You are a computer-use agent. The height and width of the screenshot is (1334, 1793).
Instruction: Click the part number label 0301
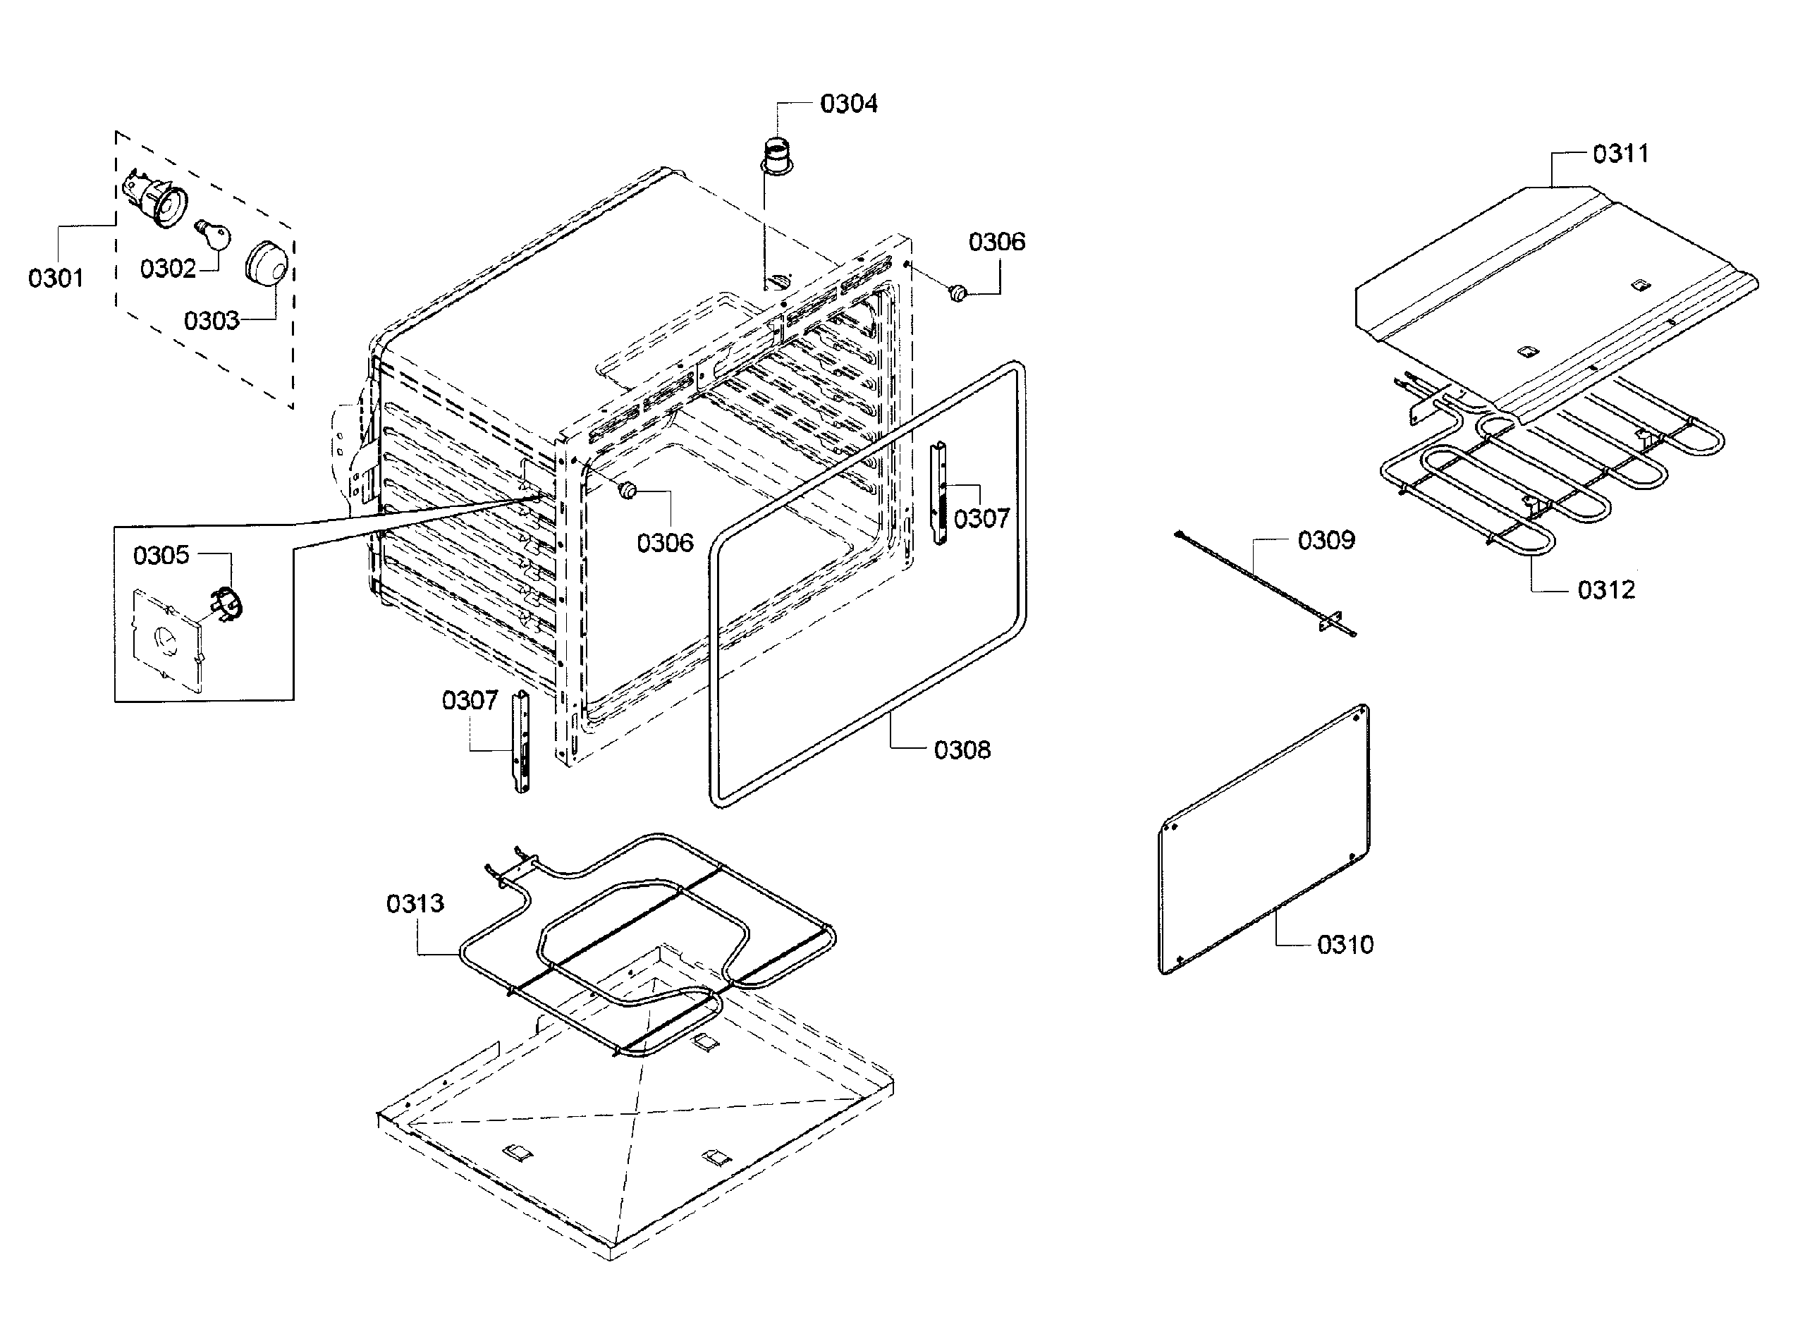[x=56, y=279]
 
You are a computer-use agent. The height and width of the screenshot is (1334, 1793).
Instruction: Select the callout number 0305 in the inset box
[x=161, y=556]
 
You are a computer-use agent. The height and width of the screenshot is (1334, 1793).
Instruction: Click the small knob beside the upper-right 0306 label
[x=958, y=293]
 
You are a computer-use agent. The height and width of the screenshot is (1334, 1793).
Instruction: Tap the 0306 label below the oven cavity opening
[x=664, y=544]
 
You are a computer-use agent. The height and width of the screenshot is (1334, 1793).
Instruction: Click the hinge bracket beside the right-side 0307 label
[x=939, y=493]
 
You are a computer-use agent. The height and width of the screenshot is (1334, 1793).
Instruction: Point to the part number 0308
[x=962, y=750]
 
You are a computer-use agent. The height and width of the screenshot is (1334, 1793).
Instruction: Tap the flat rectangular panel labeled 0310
[x=1264, y=840]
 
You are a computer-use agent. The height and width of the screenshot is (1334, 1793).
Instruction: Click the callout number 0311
[x=1620, y=154]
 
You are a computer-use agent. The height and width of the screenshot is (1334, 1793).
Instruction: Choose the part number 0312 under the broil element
[x=1605, y=590]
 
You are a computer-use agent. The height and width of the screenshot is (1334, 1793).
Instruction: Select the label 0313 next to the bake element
[x=415, y=904]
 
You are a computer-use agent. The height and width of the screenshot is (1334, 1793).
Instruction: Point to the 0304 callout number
[x=848, y=104]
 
